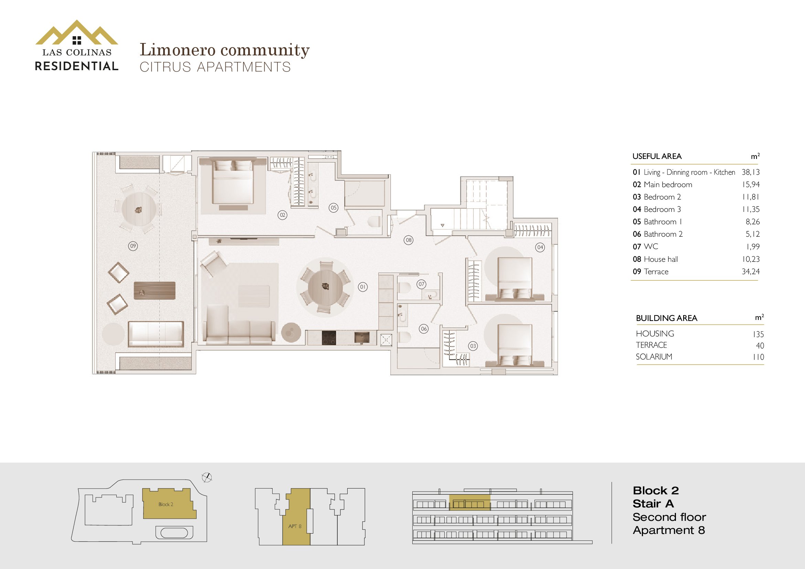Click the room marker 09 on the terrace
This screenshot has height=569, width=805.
click(x=133, y=246)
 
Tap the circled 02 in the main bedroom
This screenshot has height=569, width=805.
click(x=282, y=215)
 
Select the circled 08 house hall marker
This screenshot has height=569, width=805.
click(x=409, y=240)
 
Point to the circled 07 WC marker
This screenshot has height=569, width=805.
click(x=422, y=284)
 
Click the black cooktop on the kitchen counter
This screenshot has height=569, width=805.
click(x=329, y=338)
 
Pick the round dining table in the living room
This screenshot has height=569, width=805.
click(x=325, y=287)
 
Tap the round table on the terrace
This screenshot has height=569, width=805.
click(x=139, y=210)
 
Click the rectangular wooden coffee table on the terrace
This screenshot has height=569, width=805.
click(x=155, y=290)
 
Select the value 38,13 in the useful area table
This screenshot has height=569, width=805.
click(x=751, y=172)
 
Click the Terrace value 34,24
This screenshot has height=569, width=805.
click(x=751, y=271)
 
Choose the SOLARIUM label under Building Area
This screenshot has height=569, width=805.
click(x=654, y=357)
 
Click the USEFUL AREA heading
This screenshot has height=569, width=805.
click(x=657, y=156)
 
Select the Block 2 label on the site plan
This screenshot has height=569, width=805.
click(x=166, y=505)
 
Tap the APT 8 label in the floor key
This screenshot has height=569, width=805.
click(x=295, y=526)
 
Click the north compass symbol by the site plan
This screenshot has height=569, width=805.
click(x=207, y=477)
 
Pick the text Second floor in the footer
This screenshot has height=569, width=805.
click(x=669, y=517)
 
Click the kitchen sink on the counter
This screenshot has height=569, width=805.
click(x=362, y=338)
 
